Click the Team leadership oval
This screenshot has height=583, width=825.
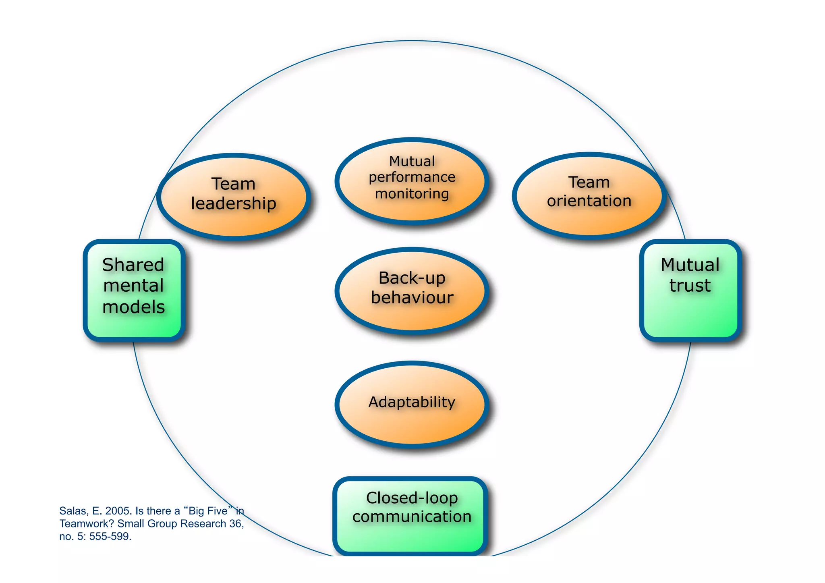click(x=234, y=197)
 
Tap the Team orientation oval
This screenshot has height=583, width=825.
click(x=589, y=196)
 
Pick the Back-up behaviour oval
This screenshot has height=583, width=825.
click(x=412, y=290)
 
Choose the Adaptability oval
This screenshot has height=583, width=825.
click(x=412, y=404)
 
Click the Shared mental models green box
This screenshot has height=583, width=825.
click(x=134, y=290)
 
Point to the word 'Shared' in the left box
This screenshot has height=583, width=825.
click(x=133, y=265)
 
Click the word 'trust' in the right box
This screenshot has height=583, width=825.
click(x=690, y=286)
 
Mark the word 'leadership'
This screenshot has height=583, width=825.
click(x=234, y=204)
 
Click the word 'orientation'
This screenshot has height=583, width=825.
click(x=589, y=201)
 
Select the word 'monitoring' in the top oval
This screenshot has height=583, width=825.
click(x=412, y=194)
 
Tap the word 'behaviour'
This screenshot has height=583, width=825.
click(x=412, y=298)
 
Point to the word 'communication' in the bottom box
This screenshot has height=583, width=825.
click(x=412, y=517)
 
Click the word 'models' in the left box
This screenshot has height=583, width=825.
click(x=134, y=307)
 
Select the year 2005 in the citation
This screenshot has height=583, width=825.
click(x=118, y=511)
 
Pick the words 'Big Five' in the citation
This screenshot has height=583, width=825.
click(x=208, y=511)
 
